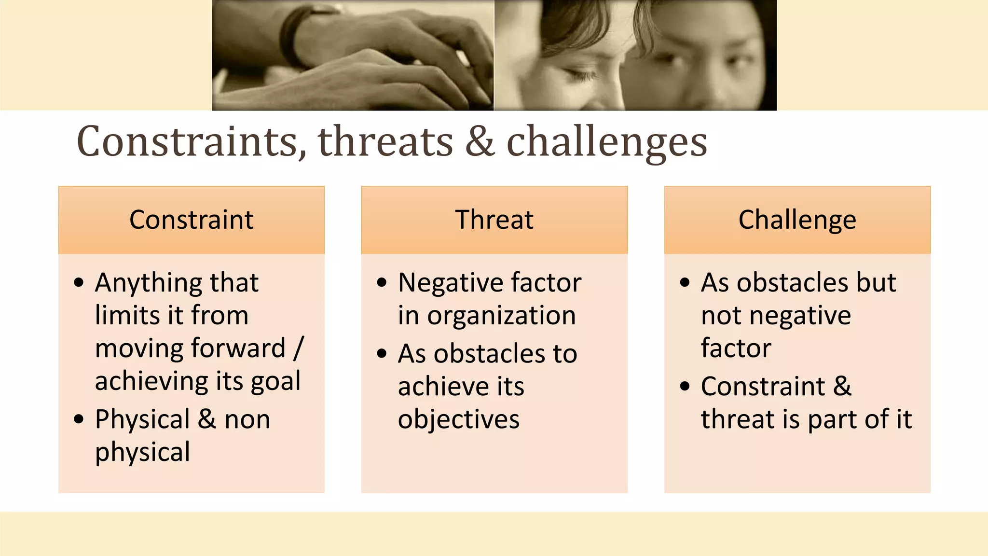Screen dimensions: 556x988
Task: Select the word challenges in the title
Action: click(606, 142)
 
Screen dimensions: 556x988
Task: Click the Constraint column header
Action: click(191, 220)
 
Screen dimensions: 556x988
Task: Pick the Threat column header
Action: click(494, 220)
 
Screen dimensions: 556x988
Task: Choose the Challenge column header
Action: click(797, 220)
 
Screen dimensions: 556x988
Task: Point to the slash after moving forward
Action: click(299, 347)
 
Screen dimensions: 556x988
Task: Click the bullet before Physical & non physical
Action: click(79, 419)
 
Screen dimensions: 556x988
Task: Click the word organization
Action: click(501, 316)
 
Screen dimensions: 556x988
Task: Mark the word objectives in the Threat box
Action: click(458, 419)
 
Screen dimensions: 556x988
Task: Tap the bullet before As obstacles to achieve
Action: click(382, 354)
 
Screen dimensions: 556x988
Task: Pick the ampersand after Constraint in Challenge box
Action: click(842, 386)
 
